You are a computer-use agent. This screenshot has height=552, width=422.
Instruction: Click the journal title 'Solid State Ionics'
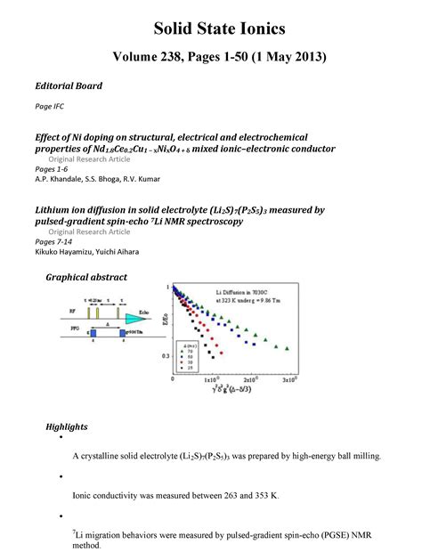(211, 23)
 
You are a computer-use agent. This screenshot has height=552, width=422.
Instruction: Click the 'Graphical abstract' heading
(86, 278)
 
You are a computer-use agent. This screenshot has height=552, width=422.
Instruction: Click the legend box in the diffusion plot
(192, 355)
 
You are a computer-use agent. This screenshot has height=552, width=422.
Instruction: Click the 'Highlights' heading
(67, 427)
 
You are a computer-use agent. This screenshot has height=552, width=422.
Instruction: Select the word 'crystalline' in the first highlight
(102, 456)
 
